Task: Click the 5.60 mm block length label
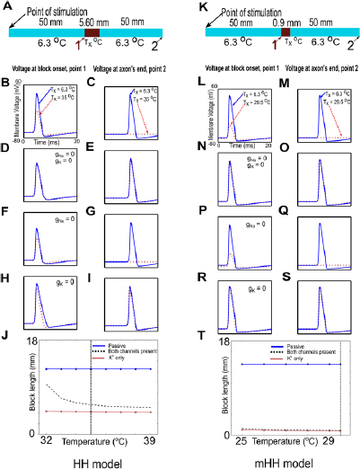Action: pos(91,21)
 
